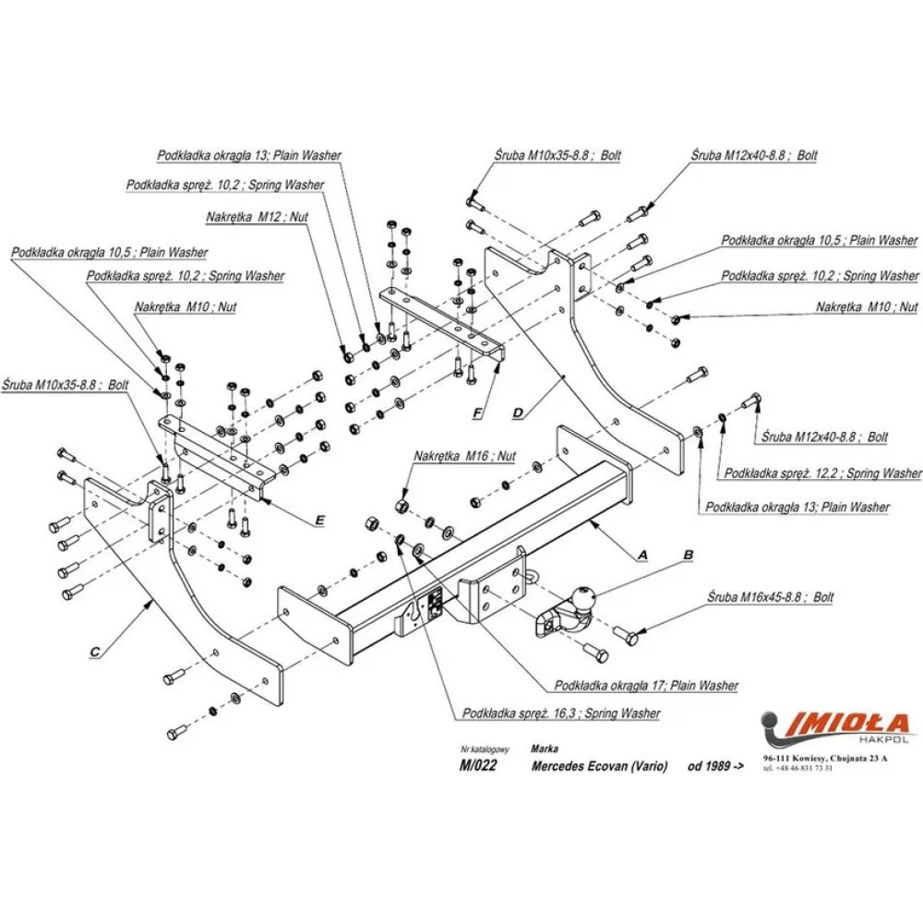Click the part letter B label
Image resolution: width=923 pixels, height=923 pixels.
687,556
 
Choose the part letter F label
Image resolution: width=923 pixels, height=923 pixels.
477,413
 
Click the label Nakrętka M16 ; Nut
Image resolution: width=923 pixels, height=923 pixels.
464,456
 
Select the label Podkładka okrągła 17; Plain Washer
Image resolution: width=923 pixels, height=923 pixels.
646,686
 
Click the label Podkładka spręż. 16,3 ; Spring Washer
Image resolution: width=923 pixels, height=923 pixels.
562,713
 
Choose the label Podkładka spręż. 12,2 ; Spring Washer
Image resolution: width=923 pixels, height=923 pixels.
822,473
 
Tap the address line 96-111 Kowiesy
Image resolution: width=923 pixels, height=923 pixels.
825,758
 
